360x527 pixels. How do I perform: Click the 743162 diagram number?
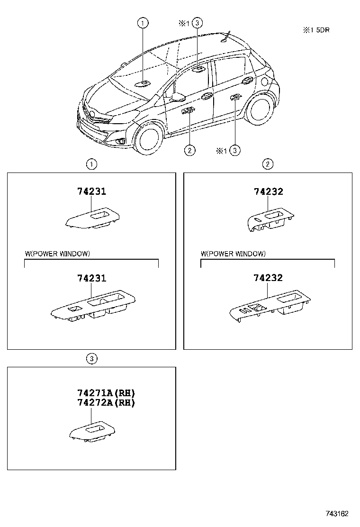tap(337, 514)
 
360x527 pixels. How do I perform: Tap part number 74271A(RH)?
tap(106, 393)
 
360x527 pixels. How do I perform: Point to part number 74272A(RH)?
tap(106, 403)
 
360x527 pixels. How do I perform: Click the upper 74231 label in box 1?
tap(91, 191)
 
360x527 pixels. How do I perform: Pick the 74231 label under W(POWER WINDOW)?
tap(91, 278)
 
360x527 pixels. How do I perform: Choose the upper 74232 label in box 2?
tap(268, 191)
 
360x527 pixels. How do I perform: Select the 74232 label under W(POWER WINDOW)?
tap(268, 278)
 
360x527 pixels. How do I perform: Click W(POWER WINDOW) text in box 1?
tap(57, 254)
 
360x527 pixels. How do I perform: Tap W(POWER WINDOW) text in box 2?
tap(234, 254)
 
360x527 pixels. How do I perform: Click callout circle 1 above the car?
tap(143, 23)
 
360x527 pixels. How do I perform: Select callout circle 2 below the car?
tap(189, 150)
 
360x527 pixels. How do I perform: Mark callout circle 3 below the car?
tap(235, 150)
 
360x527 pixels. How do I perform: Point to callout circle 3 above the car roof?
tap(198, 23)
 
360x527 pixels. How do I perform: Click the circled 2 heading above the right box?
tap(268, 164)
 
